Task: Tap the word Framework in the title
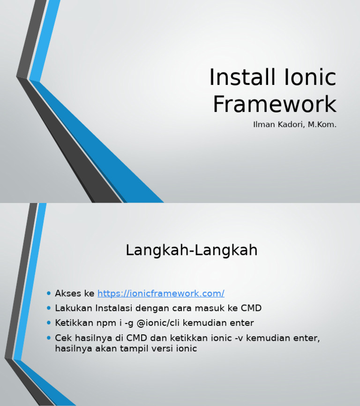coord(274,104)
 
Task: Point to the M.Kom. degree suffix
coord(322,125)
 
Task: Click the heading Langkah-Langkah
coord(191,250)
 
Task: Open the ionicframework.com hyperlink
coord(161,293)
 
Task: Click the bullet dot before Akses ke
coord(49,293)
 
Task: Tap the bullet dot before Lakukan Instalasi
coord(49,308)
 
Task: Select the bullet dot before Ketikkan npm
coord(49,323)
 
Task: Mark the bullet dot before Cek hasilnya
coord(49,338)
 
